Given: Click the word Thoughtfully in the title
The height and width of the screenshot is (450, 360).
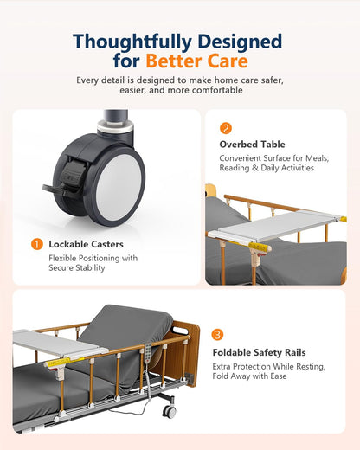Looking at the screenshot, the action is pos(132,42).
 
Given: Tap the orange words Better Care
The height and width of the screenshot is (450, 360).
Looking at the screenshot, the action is pos(196,61).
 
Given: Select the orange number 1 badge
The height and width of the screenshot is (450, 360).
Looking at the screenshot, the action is pos(37,244).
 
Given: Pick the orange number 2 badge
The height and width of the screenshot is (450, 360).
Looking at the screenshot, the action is pos(226,128).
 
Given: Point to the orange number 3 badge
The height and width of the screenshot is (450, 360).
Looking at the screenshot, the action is pos(217,335).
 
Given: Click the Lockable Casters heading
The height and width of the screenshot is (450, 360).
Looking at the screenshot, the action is pos(86,244).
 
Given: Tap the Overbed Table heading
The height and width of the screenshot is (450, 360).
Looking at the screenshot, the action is pos(252,145).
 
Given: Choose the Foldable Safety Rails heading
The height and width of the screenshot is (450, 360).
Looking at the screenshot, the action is pos(259,352).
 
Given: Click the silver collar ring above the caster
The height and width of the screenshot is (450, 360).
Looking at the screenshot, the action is pos(115,126).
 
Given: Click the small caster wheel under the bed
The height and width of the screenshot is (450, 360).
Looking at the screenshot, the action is pos(169,411).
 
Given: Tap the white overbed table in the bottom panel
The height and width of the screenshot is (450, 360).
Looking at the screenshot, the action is pos(59,345).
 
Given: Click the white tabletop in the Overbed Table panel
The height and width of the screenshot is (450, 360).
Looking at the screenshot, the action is pos(276,226).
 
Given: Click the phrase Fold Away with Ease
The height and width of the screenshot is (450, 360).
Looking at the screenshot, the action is pos(249,376).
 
